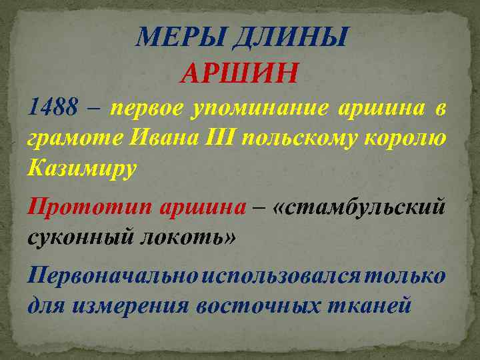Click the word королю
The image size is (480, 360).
(x=412, y=138)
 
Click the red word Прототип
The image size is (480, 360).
(x=90, y=207)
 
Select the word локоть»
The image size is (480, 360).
(x=187, y=237)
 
